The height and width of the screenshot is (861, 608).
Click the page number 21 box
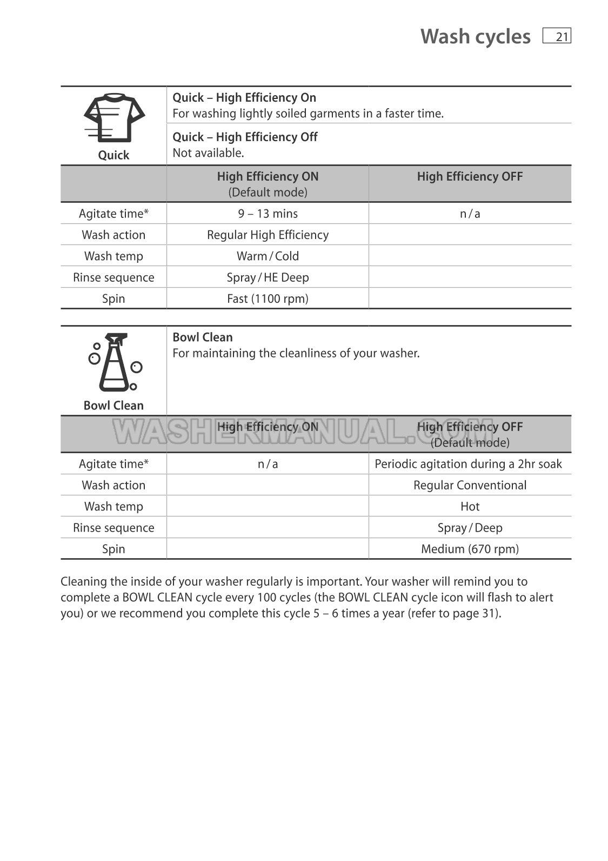(x=557, y=36)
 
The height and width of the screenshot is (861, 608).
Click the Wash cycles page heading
(x=475, y=36)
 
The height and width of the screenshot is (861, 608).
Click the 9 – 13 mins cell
(x=268, y=214)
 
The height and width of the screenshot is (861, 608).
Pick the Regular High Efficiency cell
(x=268, y=235)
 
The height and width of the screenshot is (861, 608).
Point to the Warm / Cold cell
(x=268, y=256)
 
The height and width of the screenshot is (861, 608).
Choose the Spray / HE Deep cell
(x=268, y=277)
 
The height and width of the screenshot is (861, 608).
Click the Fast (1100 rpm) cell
(x=268, y=299)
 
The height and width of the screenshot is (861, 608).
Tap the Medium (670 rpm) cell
(x=470, y=549)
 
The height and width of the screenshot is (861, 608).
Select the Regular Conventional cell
(x=470, y=485)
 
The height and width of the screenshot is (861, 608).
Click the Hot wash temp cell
(x=470, y=506)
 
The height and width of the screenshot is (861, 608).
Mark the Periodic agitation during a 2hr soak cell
(x=468, y=464)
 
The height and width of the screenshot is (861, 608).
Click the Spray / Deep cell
(x=470, y=528)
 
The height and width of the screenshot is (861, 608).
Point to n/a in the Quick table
(x=470, y=214)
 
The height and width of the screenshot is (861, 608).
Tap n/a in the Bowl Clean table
(x=268, y=464)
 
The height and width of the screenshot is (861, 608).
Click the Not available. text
(x=208, y=153)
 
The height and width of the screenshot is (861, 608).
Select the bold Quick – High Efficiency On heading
(x=244, y=97)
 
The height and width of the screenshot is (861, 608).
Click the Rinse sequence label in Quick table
(x=113, y=277)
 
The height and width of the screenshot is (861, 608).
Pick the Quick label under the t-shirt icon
(x=113, y=155)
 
